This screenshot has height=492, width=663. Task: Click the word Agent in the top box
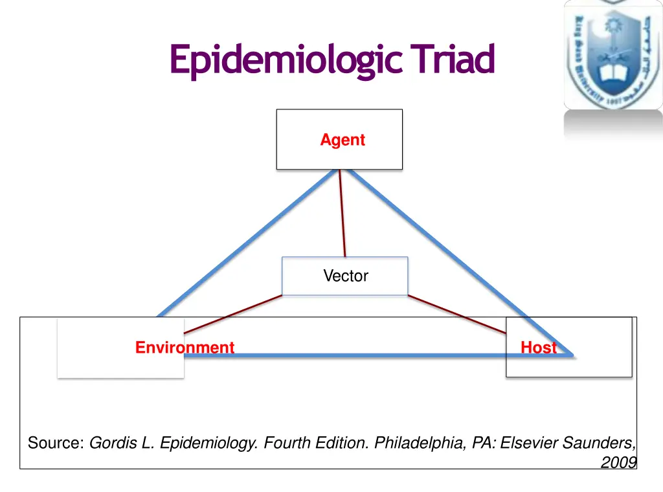tap(343, 140)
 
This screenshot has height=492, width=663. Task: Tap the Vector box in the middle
tap(345, 276)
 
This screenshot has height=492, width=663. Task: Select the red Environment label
tap(185, 348)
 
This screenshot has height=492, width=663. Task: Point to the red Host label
tap(538, 348)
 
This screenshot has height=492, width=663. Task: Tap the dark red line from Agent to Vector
tap(343, 214)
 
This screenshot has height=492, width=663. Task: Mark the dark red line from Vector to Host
tap(456, 315)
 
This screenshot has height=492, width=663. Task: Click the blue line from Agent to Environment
tap(246, 243)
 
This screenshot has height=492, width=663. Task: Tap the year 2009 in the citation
tap(618, 462)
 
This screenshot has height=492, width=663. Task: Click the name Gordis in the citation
tap(111, 443)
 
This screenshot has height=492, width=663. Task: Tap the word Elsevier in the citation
tap(529, 443)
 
